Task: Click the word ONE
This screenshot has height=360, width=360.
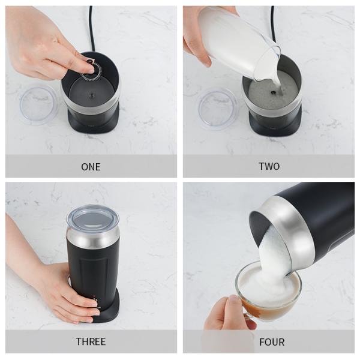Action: click(x=91, y=167)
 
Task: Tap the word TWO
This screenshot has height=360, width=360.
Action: click(x=269, y=166)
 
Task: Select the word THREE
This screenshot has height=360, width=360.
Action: click(x=91, y=341)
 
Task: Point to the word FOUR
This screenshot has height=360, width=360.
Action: click(x=272, y=342)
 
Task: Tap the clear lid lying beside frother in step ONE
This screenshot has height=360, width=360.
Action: click(x=38, y=106)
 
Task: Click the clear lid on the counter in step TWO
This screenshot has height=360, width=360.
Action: click(x=218, y=110)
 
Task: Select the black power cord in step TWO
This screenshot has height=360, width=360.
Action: click(x=273, y=25)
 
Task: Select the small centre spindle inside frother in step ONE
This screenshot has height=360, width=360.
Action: click(x=92, y=95)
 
